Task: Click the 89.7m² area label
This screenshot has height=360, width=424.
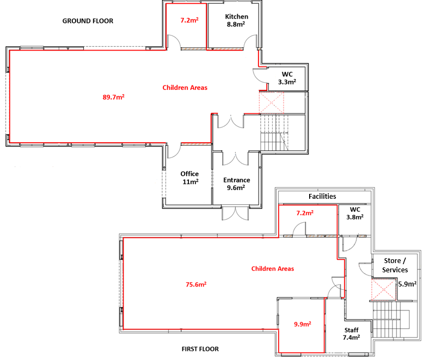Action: [x=113, y=97]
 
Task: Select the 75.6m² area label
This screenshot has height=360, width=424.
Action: [x=196, y=284]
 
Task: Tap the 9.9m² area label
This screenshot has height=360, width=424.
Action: [x=302, y=324]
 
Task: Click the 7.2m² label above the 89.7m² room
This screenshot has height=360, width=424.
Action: [x=189, y=20]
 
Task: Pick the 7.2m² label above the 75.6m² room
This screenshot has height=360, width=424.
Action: [x=304, y=213]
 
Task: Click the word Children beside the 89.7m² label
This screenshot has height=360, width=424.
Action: [x=175, y=88]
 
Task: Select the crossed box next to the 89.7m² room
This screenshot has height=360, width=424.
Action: [x=271, y=102]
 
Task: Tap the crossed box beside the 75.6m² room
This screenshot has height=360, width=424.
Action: [x=384, y=290]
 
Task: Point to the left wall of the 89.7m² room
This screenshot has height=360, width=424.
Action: [x=10, y=96]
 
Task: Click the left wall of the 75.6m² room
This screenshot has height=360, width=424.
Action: [x=124, y=283]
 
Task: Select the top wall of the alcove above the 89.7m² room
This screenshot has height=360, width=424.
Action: [x=186, y=4]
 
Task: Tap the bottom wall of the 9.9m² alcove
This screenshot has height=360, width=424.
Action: [x=302, y=352]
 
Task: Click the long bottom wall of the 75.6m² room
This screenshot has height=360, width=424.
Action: [x=201, y=329]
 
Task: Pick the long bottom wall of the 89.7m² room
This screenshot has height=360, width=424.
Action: [x=87, y=143]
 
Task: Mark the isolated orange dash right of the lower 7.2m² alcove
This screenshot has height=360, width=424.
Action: [x=361, y=236]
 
